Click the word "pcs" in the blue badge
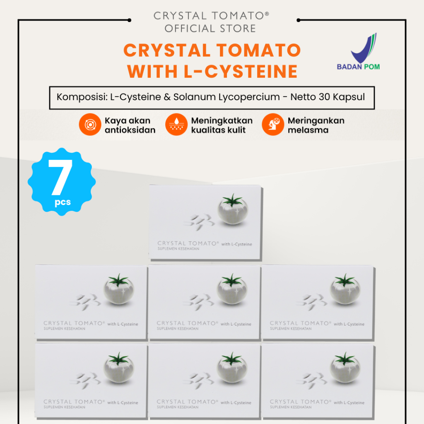point(63,202)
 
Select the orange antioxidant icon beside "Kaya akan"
point(90,125)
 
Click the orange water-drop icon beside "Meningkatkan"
point(176,125)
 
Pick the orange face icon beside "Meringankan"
point(272,125)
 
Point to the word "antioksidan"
point(130,130)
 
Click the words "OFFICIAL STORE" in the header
point(210,29)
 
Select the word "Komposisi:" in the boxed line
point(80,98)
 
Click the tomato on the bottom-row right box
point(345,368)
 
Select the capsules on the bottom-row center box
point(198,380)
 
